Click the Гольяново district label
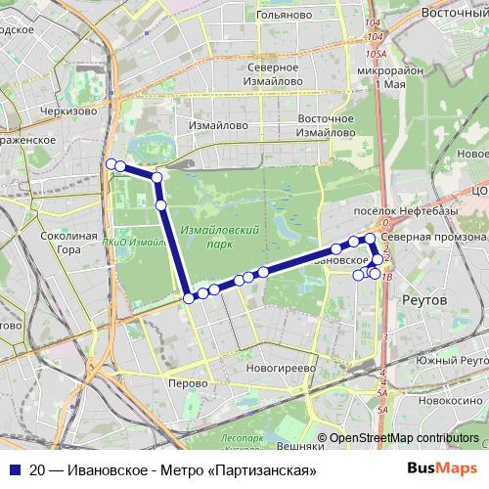pyautogui.click(x=283, y=15)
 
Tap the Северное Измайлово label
pyautogui.click(x=273, y=75)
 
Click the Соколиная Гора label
pyautogui.click(x=69, y=243)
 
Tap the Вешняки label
pyautogui.click(x=300, y=445)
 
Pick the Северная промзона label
pyautogui.click(x=433, y=237)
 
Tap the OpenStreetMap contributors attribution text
pyautogui.click(x=404, y=438)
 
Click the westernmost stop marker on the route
pyautogui.click(x=111, y=163)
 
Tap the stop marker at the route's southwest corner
pyautogui.click(x=189, y=297)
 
